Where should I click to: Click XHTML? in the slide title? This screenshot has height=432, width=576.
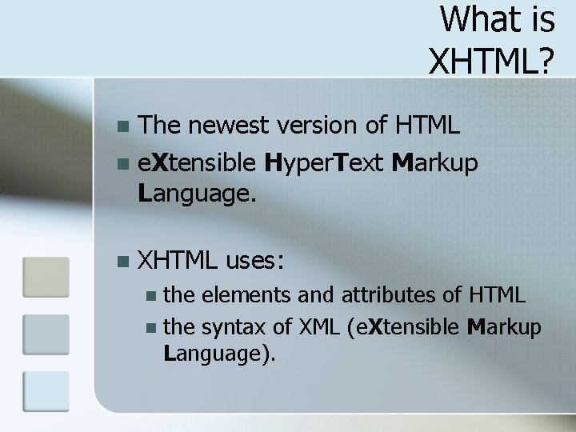coord(491,58)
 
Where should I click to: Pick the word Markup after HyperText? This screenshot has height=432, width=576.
coord(436,163)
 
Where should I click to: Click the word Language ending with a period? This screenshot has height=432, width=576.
coord(197,192)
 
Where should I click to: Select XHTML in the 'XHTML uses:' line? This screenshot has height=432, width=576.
coord(178,259)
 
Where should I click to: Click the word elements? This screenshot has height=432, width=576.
coord(246,296)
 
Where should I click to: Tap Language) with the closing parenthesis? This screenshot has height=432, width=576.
coord(219,354)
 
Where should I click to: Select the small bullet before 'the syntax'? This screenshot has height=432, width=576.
coord(151,328)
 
